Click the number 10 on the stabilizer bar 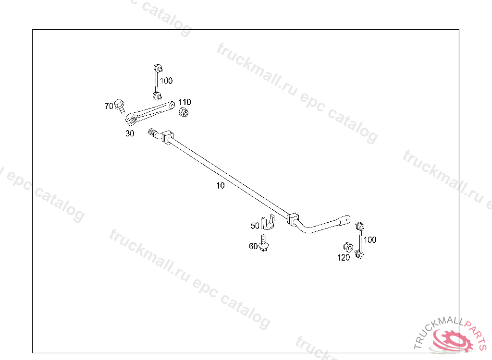tap(220, 186)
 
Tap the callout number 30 tap(130, 134)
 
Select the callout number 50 tap(255, 225)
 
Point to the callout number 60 tap(253, 246)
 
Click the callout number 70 tap(109, 106)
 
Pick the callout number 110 tap(184, 102)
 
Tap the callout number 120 tap(344, 258)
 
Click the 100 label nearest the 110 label tap(166, 81)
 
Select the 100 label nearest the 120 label tap(370, 240)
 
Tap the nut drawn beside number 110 tap(183, 113)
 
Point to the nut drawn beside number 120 tap(347, 247)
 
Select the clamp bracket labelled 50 tap(267, 223)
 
